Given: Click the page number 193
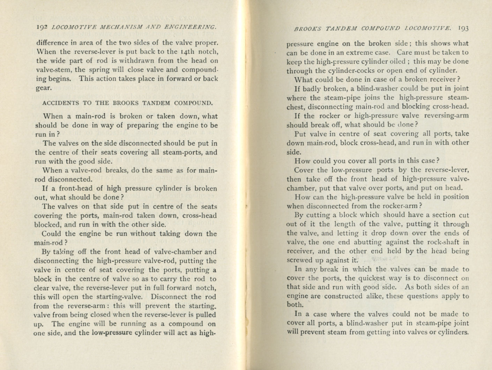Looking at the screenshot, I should coord(463,28).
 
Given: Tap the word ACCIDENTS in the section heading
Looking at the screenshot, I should coord(58,103).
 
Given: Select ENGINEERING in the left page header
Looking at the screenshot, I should coord(188,27).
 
